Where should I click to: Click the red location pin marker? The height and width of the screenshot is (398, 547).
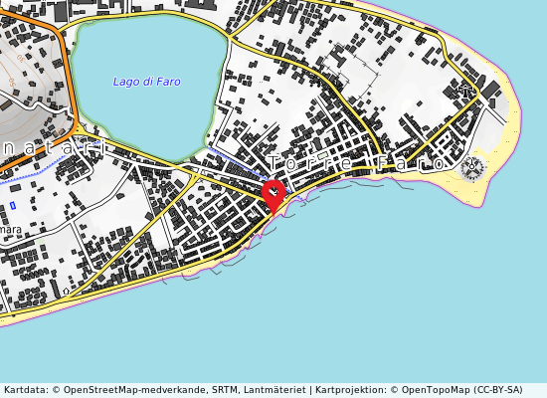[273, 193]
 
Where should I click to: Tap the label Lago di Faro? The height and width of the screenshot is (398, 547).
[146, 82]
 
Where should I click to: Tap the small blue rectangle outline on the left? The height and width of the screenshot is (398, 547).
[13, 205]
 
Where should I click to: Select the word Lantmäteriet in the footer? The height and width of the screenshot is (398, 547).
[273, 390]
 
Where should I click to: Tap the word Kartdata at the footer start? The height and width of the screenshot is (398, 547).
[23, 390]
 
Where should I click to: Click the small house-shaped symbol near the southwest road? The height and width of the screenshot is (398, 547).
[67, 291]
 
